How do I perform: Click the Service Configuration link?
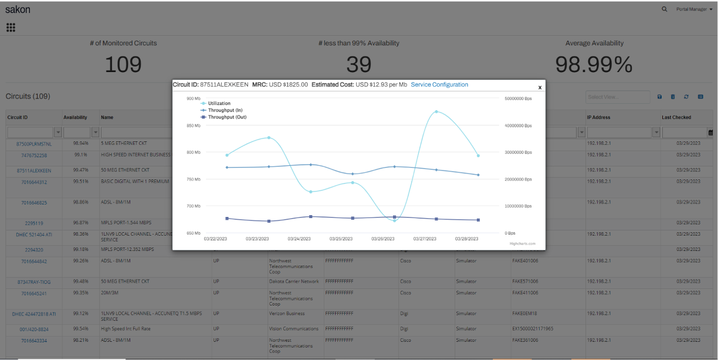tap(439, 84)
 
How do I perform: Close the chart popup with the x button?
tap(540, 87)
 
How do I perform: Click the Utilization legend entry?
tap(219, 103)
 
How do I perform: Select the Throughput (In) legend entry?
tap(225, 110)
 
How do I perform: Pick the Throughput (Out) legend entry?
tap(226, 117)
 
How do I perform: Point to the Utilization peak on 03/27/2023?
tap(436, 111)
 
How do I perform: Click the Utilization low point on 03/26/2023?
tap(394, 220)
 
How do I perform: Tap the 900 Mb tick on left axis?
tap(193, 99)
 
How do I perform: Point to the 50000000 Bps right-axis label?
tap(518, 99)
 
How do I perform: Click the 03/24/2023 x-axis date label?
tap(299, 239)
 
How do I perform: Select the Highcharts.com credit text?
tap(522, 243)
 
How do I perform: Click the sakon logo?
tap(18, 9)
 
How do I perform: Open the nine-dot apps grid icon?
tap(11, 28)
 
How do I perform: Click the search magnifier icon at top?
tap(664, 9)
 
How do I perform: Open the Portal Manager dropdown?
tap(694, 9)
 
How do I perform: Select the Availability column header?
tap(75, 117)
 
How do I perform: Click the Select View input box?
tap(617, 97)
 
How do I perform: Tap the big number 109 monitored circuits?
tap(123, 64)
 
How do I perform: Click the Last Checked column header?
tap(676, 117)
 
